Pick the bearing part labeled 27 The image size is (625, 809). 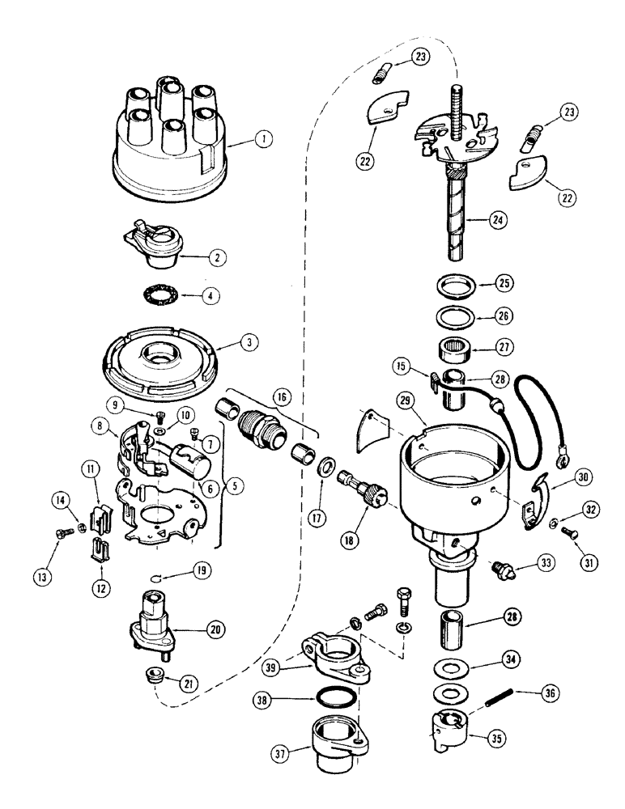point(455,354)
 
